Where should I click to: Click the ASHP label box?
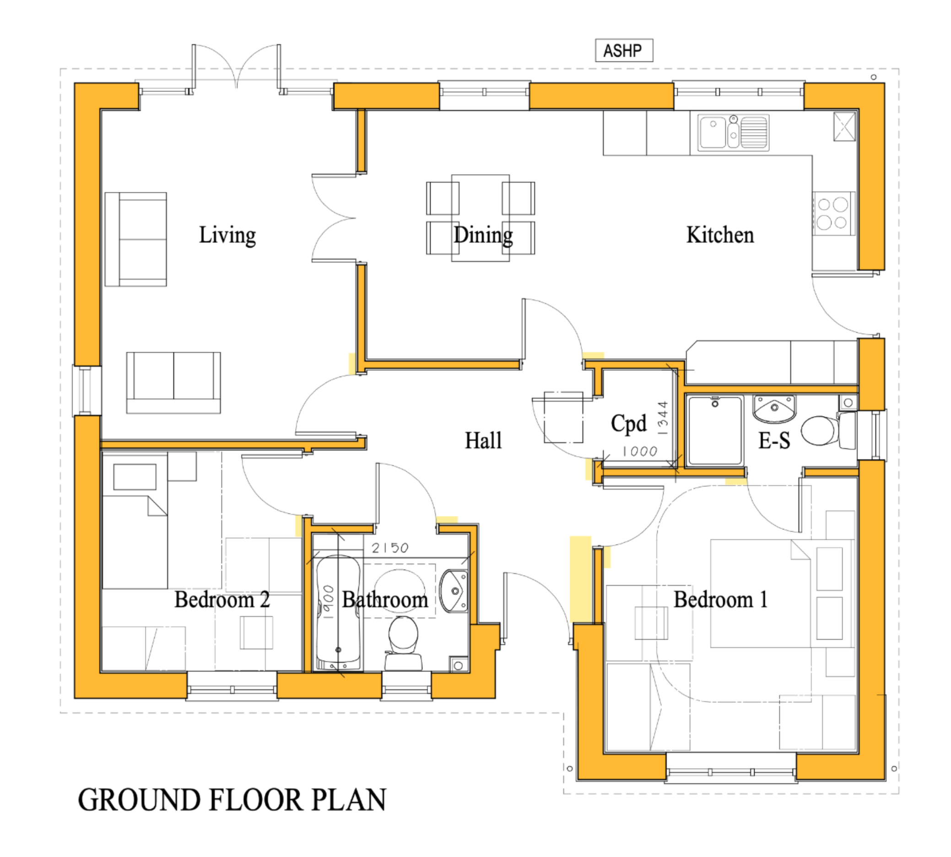[624, 50]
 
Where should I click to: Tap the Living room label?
[227, 235]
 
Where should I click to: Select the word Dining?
[483, 235]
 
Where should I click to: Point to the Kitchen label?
[720, 235]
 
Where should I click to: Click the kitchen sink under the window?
[733, 133]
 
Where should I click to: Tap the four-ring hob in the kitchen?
[832, 213]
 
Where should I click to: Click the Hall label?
[483, 441]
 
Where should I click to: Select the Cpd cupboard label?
[628, 423]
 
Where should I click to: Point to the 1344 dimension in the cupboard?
[663, 418]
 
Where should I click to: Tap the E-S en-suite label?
[774, 441]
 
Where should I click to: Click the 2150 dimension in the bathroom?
[389, 548]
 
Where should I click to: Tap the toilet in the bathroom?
[403, 643]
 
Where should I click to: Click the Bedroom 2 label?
[222, 600]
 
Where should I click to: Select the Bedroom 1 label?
[720, 600]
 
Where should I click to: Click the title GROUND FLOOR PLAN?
[232, 801]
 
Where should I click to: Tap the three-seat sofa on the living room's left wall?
[135, 239]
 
